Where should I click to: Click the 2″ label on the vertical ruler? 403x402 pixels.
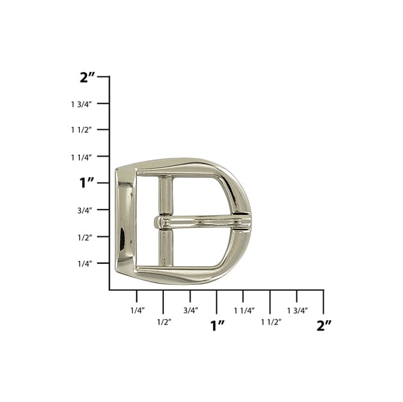click(x=88, y=77)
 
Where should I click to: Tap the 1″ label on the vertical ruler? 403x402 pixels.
click(x=87, y=183)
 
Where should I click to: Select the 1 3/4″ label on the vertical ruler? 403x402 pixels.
click(x=81, y=104)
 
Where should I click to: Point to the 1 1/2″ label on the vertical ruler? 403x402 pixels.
click(x=81, y=130)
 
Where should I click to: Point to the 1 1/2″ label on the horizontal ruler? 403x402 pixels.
click(x=271, y=321)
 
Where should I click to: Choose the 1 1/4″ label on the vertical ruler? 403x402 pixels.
click(x=81, y=157)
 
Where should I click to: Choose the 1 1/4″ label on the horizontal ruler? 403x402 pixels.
click(x=243, y=311)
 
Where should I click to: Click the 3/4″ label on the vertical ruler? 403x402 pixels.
click(x=85, y=210)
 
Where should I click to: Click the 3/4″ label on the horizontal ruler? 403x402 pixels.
click(x=190, y=311)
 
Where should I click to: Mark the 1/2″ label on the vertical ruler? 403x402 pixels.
click(x=85, y=237)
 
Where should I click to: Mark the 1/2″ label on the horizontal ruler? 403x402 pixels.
click(x=163, y=321)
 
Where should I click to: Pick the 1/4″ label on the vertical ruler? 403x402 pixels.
click(x=85, y=264)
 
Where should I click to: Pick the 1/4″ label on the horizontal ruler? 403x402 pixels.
click(x=137, y=311)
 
